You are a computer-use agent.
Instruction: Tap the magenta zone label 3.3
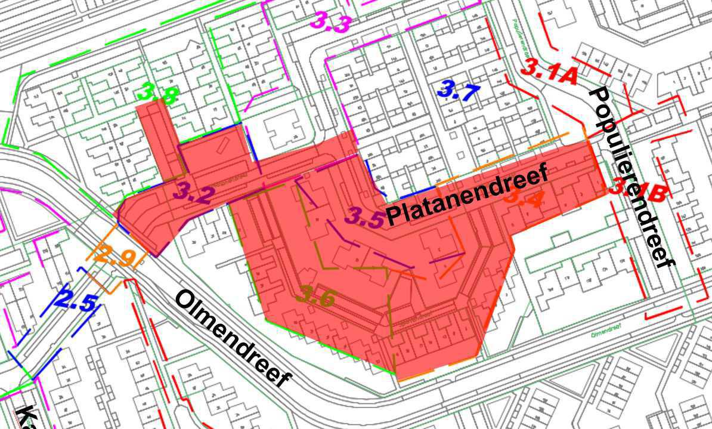(330, 23)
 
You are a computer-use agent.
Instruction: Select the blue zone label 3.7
(458, 91)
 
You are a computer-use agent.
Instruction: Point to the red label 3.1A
(549, 72)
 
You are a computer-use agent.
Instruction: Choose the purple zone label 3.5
(365, 217)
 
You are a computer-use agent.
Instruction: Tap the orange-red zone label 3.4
(523, 197)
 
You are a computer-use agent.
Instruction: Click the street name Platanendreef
(466, 196)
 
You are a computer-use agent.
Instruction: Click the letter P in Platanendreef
(394, 216)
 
